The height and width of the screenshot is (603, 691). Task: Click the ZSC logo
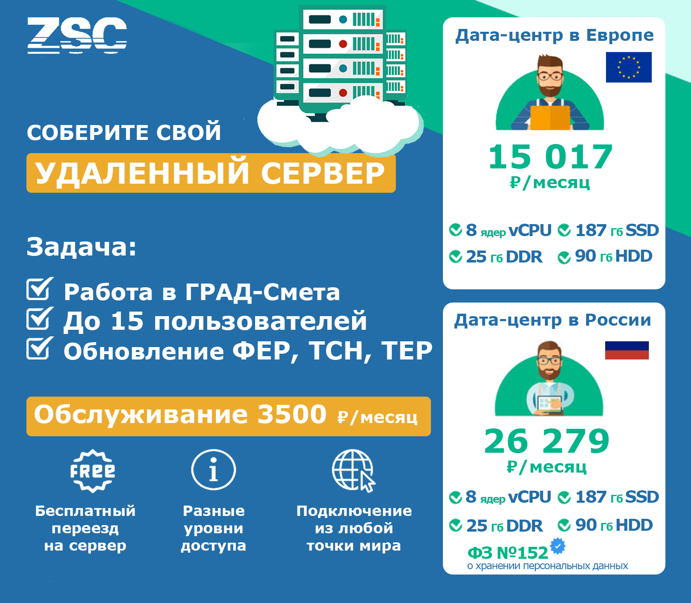pyautogui.click(x=77, y=35)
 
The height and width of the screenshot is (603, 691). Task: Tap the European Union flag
pyautogui.click(x=629, y=67)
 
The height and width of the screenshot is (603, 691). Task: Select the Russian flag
pyautogui.click(x=627, y=350)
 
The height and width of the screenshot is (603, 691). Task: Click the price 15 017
pyautogui.click(x=550, y=157)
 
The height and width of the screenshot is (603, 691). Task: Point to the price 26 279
pyautogui.click(x=547, y=441)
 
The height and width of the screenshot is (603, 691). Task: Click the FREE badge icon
pyautogui.click(x=92, y=471)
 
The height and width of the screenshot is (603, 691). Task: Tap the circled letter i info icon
pyautogui.click(x=213, y=470)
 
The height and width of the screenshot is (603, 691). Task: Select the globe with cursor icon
pyautogui.click(x=354, y=471)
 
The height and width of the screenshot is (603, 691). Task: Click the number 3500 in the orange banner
pyautogui.click(x=292, y=414)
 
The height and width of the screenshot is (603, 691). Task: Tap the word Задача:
pyautogui.click(x=81, y=247)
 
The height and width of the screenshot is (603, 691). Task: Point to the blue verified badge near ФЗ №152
pyautogui.click(x=558, y=546)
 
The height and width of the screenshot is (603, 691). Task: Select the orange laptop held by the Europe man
pyautogui.click(x=550, y=118)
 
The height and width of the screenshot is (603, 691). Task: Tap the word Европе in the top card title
pyautogui.click(x=620, y=35)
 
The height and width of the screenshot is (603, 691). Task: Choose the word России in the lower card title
pyautogui.click(x=618, y=320)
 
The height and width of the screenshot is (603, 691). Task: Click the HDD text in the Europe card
pyautogui.click(x=634, y=256)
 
